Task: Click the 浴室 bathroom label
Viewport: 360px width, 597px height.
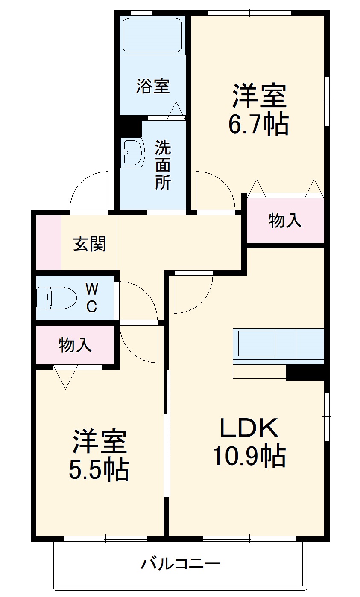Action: (x=153, y=86)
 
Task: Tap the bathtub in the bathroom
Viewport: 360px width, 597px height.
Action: (x=153, y=35)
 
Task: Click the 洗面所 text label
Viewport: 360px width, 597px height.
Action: (x=162, y=165)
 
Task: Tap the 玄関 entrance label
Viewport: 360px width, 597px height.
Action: (x=89, y=244)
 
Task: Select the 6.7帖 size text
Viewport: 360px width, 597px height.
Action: (x=258, y=123)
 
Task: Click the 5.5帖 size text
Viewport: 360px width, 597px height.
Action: (x=99, y=469)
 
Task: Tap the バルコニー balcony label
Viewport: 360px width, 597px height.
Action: (x=181, y=565)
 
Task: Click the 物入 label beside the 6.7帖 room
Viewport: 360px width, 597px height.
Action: (x=285, y=221)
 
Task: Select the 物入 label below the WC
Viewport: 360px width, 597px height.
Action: (x=75, y=345)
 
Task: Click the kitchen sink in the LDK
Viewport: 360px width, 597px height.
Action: (x=257, y=343)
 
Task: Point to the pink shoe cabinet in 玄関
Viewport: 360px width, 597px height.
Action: (x=48, y=242)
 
